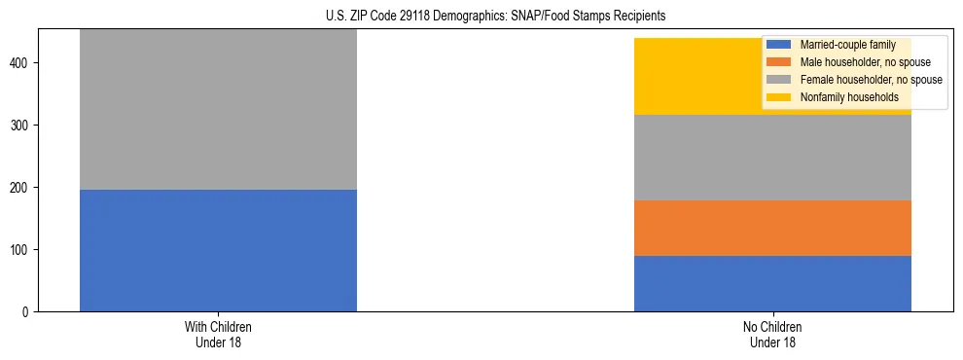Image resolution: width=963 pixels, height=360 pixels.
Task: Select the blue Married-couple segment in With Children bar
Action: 218,250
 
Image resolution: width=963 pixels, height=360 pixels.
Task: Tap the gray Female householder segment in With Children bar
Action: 218,109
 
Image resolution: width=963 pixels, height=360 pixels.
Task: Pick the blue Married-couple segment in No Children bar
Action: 772,283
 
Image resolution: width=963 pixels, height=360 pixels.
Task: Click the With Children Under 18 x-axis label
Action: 218,334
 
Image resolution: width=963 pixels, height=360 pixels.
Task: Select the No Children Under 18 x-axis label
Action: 772,334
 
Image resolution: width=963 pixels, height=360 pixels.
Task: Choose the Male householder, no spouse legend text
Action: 856,62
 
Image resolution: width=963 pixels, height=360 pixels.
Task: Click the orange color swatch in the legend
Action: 779,62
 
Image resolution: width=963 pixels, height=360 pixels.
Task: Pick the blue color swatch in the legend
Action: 779,45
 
